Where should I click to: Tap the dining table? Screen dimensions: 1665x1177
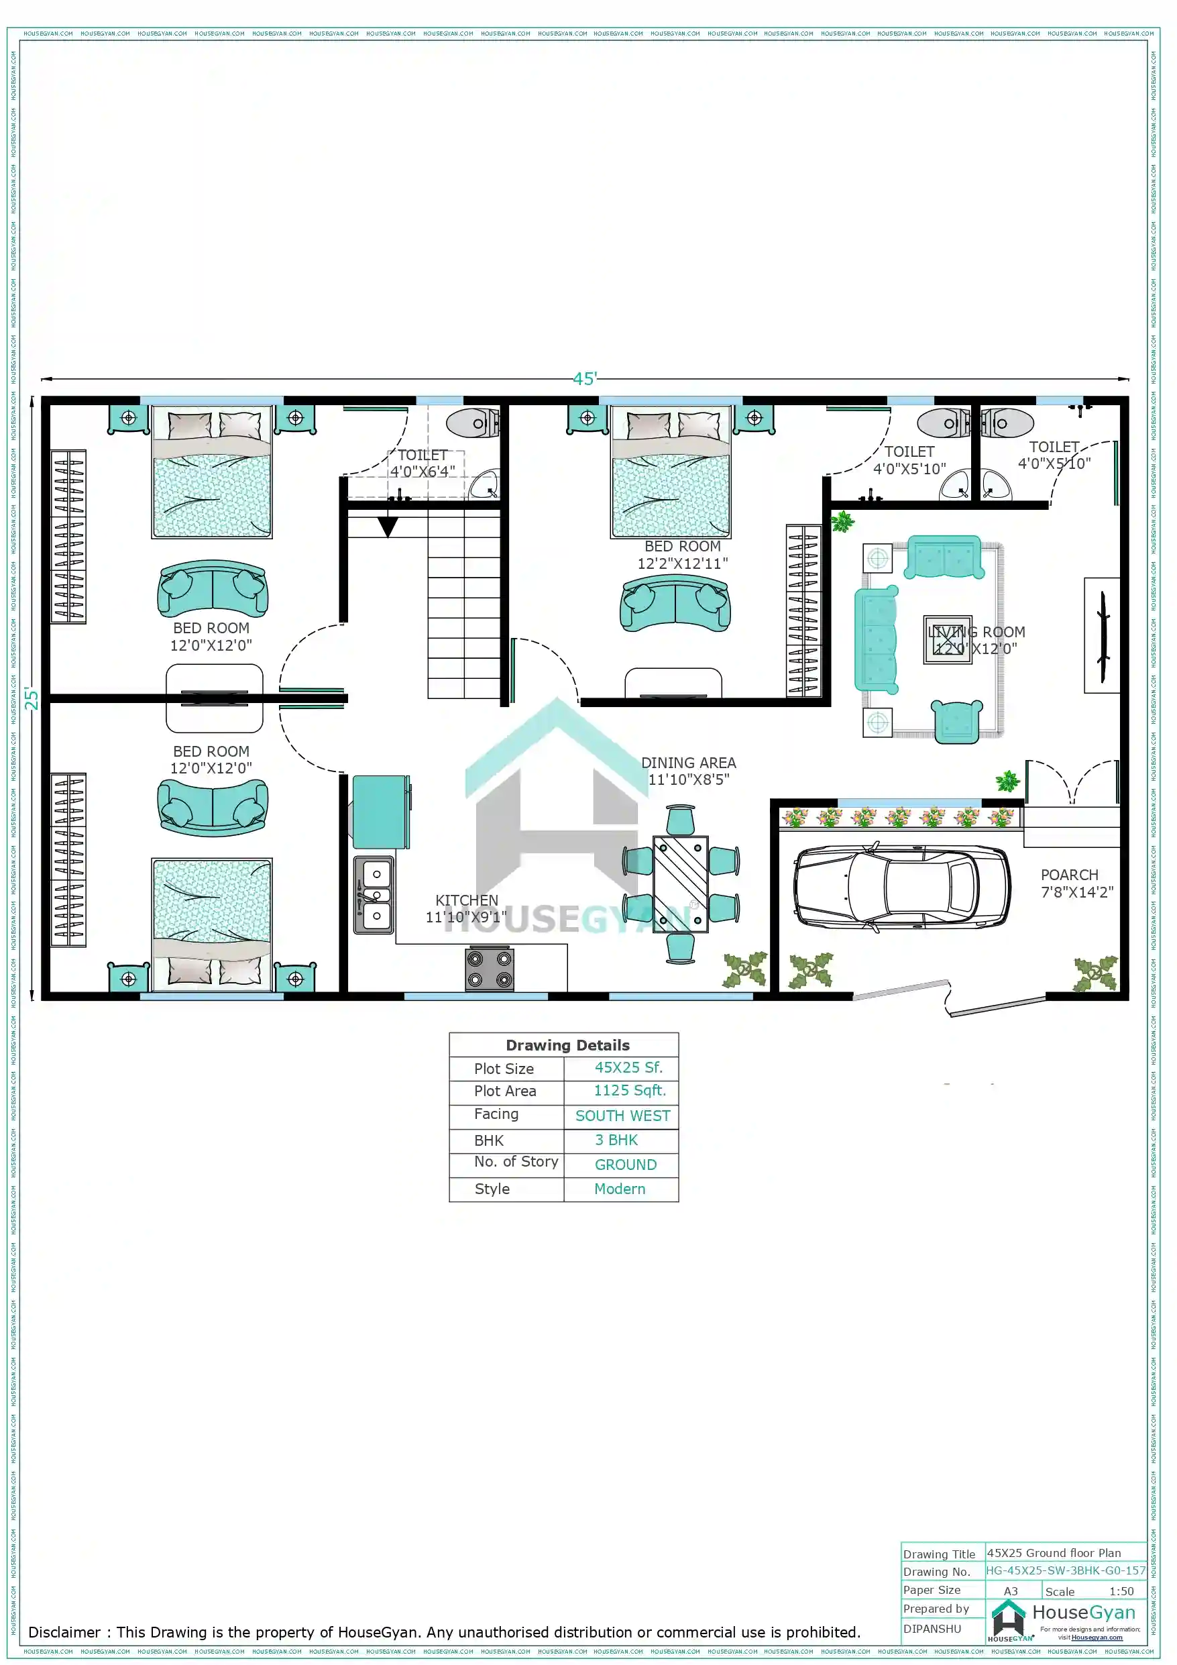tap(680, 884)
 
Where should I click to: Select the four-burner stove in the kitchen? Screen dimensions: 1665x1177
tap(490, 969)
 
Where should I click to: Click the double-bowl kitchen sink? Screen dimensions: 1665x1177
tap(374, 894)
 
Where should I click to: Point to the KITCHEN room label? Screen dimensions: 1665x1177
tap(466, 900)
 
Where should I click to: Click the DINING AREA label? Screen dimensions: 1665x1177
tap(688, 763)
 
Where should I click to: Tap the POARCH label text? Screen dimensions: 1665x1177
tap(1069, 875)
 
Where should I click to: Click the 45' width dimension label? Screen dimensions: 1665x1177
tap(585, 378)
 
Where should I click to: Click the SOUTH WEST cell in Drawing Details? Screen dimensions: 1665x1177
tap(622, 1116)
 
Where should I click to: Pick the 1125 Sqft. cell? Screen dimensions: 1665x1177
tap(629, 1091)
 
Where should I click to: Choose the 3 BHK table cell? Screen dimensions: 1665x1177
tap(616, 1140)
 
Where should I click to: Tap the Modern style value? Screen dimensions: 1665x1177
tap(619, 1189)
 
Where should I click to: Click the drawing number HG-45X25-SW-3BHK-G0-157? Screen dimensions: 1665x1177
tap(1065, 1570)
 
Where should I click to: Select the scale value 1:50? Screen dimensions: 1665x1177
tap(1121, 1591)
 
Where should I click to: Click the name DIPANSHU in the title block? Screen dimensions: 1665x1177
tap(932, 1629)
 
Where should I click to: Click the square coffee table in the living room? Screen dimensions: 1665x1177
tap(947, 639)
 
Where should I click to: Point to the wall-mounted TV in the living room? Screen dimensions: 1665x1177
tap(1103, 636)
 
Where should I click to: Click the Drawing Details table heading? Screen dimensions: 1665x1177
tap(567, 1045)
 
